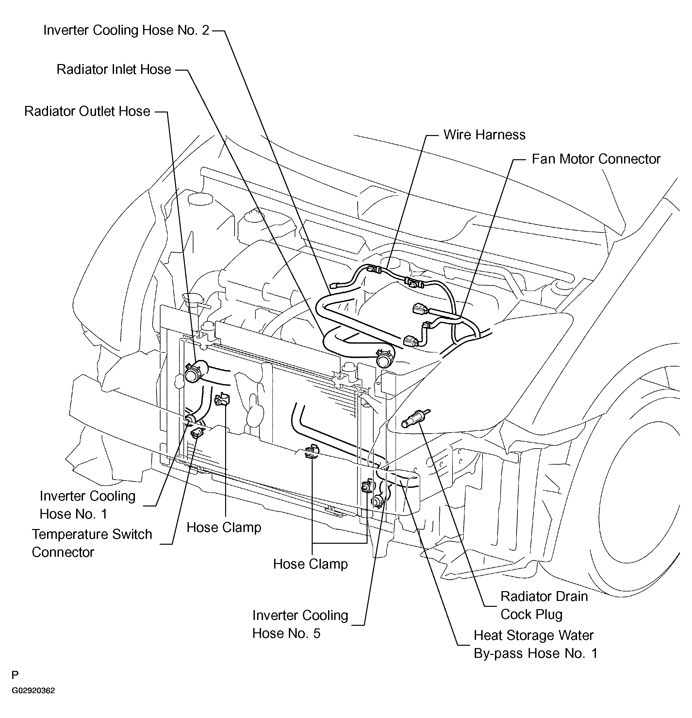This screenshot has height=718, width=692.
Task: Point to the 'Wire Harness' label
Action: [x=484, y=134]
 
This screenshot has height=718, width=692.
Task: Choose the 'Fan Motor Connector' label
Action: [x=596, y=159]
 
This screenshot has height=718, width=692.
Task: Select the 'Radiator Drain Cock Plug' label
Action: [x=544, y=605]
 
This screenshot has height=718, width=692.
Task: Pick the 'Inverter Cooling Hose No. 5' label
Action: [x=300, y=624]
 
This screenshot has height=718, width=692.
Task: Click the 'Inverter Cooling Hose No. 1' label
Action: [x=88, y=505]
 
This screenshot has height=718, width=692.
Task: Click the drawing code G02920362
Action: [x=33, y=691]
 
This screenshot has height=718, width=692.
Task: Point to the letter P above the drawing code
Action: [x=15, y=675]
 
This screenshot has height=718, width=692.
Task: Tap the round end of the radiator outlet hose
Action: [x=192, y=375]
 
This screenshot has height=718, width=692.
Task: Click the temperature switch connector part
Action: [x=198, y=432]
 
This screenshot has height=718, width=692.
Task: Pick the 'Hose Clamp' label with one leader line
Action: [x=224, y=527]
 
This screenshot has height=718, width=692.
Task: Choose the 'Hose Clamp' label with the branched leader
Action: [x=310, y=564]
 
